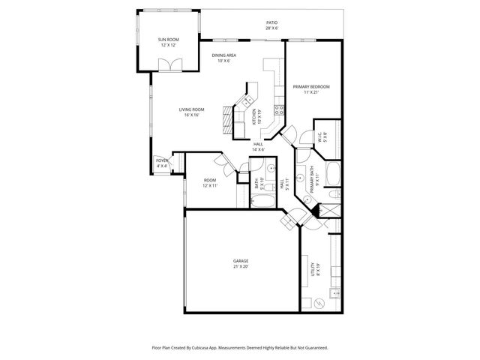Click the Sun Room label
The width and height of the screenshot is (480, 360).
(167, 39)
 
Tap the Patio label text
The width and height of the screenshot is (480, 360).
(271, 22)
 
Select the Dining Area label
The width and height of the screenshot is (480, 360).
(223, 55)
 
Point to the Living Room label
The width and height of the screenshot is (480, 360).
(192, 109)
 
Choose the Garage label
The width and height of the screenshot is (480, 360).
(241, 261)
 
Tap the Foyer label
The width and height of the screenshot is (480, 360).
(161, 160)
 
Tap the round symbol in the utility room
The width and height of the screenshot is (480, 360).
(320, 303)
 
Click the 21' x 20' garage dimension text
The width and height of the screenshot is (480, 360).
(241, 266)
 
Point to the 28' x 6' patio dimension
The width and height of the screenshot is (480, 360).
(271, 28)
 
